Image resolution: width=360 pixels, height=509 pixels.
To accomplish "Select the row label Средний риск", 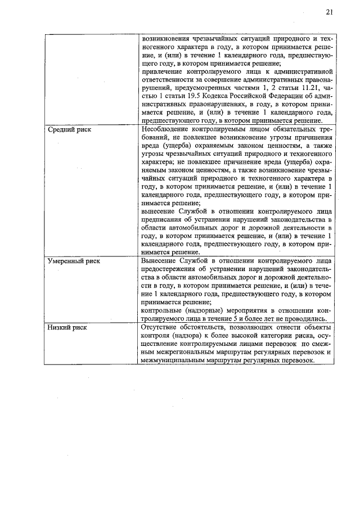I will (x=69, y=130).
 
